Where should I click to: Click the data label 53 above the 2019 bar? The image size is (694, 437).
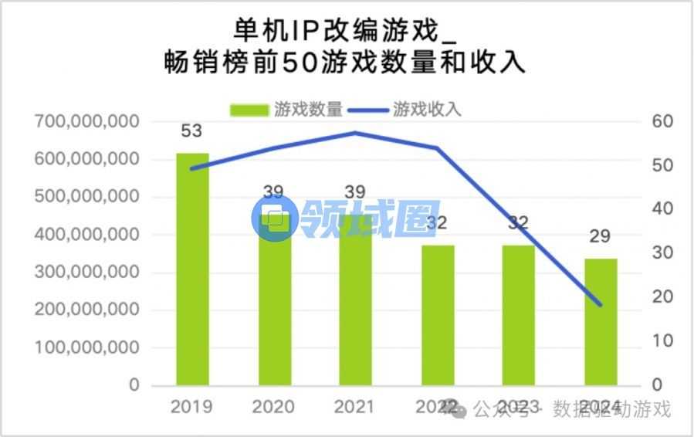(191, 130)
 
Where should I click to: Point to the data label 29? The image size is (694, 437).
(601, 236)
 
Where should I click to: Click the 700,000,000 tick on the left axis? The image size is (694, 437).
(87, 121)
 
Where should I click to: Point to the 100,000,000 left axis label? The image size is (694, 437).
(87, 347)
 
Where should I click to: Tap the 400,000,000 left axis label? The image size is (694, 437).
(87, 235)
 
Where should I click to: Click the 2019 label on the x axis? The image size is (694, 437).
(191, 406)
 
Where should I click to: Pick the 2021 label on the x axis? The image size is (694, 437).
(356, 406)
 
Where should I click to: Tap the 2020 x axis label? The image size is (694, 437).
(274, 406)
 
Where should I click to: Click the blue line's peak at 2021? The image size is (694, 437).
(356, 133)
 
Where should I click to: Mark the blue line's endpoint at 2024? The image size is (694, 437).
(600, 305)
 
